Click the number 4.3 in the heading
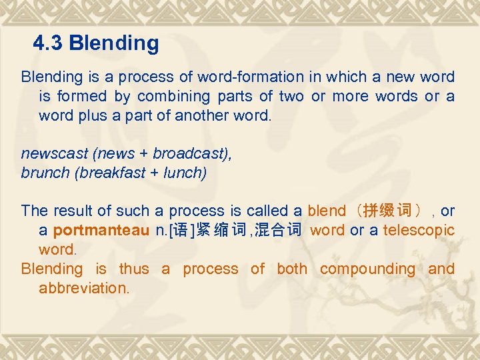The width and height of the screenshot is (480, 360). point(48,44)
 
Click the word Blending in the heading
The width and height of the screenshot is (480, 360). point(114,44)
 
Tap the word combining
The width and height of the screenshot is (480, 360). point(167,97)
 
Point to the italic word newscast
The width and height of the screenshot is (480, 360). point(55,153)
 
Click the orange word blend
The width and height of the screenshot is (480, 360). point(327,211)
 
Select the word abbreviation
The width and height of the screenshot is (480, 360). point(83,289)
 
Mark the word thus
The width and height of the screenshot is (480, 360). point(134,269)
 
